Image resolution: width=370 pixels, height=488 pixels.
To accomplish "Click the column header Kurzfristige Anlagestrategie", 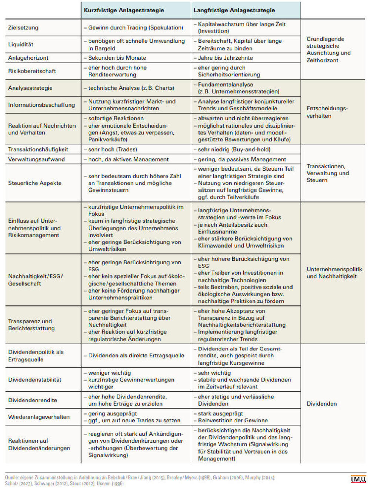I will click(x=124, y=10).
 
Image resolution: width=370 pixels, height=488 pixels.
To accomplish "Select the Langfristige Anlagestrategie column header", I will click(x=234, y=10).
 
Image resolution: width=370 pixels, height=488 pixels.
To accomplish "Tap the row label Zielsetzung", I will click(x=23, y=28).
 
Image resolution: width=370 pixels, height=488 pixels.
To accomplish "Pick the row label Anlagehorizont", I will click(x=28, y=58).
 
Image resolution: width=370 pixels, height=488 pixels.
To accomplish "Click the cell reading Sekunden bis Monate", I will click(x=117, y=58).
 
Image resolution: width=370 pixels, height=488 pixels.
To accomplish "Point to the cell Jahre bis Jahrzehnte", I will click(x=225, y=58).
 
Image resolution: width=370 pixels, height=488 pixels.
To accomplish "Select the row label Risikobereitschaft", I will click(x=32, y=71).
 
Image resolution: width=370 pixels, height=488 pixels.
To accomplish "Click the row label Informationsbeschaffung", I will click(x=41, y=105).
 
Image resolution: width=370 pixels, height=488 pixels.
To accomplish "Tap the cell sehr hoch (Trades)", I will click(x=113, y=150).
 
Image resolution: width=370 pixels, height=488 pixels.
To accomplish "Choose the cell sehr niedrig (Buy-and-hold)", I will click(x=234, y=150).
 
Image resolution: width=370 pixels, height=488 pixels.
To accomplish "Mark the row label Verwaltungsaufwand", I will click(x=36, y=160).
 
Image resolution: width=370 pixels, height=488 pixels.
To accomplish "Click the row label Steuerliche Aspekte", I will click(x=35, y=183).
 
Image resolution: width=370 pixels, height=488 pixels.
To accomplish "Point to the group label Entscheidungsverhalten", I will click(x=327, y=112).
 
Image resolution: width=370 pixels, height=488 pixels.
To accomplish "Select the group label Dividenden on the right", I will click(x=321, y=404).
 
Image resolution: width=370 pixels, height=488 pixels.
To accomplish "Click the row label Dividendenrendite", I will click(x=33, y=400).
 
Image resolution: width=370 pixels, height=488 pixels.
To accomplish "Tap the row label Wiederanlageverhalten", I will click(x=39, y=417).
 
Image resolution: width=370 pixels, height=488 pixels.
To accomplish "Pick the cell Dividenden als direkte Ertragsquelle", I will click(x=136, y=356).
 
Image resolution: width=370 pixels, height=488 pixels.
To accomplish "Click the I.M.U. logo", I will click(x=358, y=480).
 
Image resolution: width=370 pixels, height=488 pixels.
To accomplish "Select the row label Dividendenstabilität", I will click(x=35, y=380).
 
